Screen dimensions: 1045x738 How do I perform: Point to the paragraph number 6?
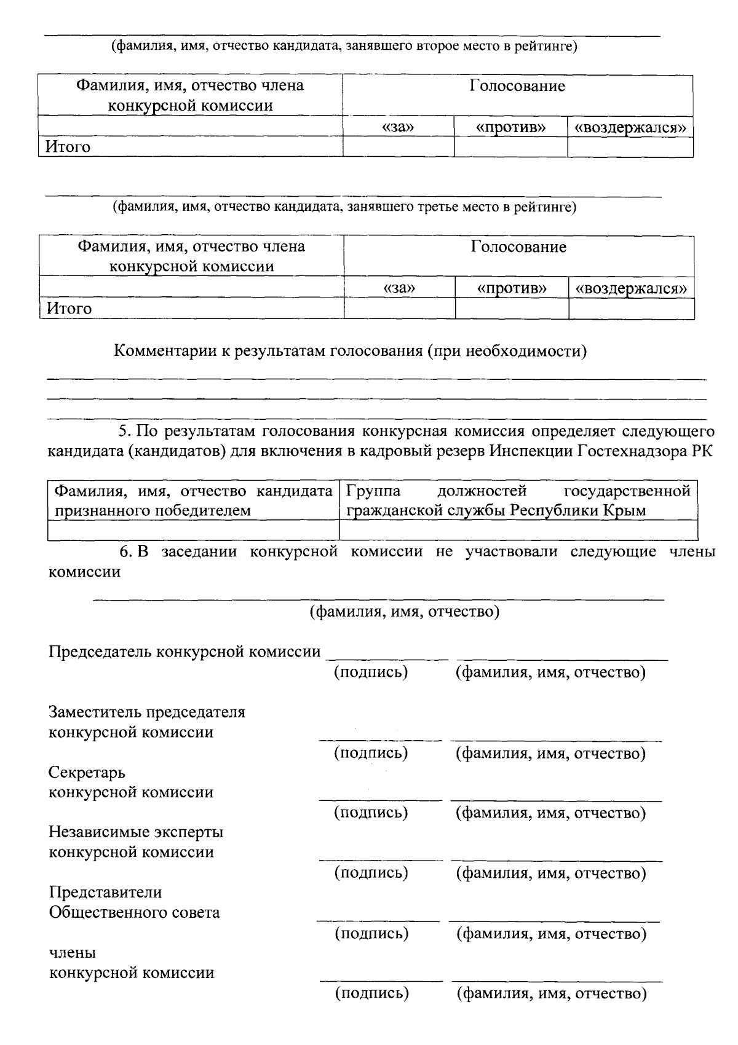[x=125, y=552]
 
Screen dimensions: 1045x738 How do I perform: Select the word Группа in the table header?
[x=373, y=491]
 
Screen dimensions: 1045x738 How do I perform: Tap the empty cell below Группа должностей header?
[x=518, y=530]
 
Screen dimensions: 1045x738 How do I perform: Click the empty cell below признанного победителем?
[x=194, y=530]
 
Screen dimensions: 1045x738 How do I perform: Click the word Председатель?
[x=101, y=652]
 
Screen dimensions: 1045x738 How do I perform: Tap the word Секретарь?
[x=87, y=773]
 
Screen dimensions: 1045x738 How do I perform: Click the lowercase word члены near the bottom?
[x=72, y=953]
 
